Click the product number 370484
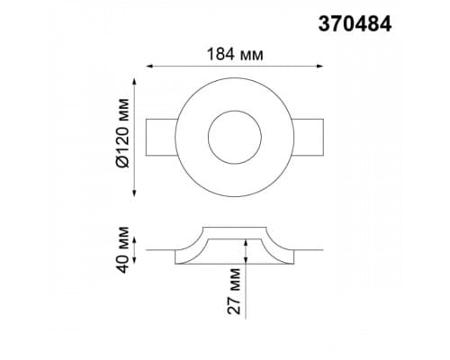click(x=355, y=23)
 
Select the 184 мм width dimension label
click(x=235, y=55)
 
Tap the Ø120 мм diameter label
click(x=122, y=132)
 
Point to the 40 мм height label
click(x=122, y=250)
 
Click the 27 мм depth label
click(x=234, y=291)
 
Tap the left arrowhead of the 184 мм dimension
click(x=149, y=67)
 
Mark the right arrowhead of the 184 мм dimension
click(x=320, y=67)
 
